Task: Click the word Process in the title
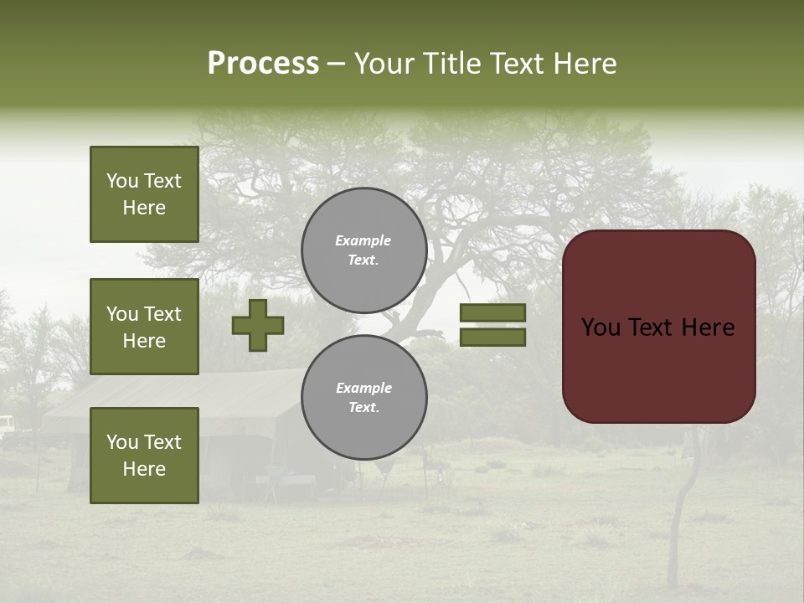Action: pos(263,64)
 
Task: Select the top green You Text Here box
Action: pos(144,194)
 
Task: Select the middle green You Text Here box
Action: pos(144,327)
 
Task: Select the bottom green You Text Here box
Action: pos(144,455)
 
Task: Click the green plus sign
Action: pos(258,325)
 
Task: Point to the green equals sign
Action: pos(492,325)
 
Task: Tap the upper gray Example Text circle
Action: pos(363,250)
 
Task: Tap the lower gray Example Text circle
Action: pos(363,398)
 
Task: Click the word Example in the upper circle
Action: pos(363,240)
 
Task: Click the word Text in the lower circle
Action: pos(363,408)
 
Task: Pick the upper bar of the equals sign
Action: pos(492,312)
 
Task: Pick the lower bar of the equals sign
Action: pos(492,338)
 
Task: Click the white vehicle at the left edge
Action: pos(5,425)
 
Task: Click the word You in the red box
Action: pos(600,327)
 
